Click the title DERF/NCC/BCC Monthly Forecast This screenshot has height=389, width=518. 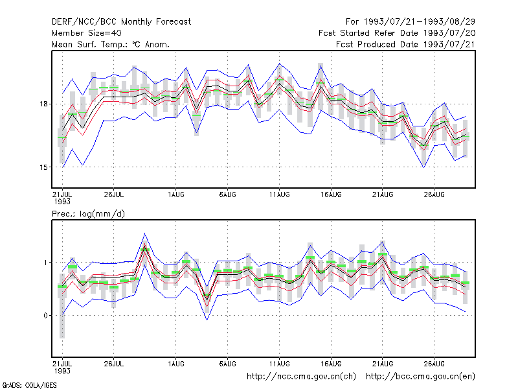click(x=121, y=22)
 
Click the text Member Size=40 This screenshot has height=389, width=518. click(x=87, y=33)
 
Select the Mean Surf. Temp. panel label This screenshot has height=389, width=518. click(x=111, y=44)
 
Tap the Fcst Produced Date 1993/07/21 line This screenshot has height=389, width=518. click(x=406, y=44)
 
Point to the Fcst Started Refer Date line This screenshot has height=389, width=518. click(x=397, y=33)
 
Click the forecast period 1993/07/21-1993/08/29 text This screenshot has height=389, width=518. click(x=411, y=22)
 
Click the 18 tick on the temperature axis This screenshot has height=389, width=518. click(x=43, y=104)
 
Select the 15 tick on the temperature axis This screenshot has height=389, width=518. click(x=43, y=167)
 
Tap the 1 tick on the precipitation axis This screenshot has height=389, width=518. click(x=45, y=263)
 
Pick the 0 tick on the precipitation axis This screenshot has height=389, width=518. click(x=45, y=316)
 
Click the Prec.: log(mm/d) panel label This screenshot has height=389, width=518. click(x=88, y=214)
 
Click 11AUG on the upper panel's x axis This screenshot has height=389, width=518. click(x=280, y=195)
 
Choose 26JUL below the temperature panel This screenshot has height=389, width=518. click(x=114, y=195)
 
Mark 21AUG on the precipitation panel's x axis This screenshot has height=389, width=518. click(x=383, y=364)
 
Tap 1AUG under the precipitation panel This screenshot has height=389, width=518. click(x=175, y=364)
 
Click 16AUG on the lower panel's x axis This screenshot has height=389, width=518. click(x=331, y=364)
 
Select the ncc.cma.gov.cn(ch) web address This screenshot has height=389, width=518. click(x=301, y=377)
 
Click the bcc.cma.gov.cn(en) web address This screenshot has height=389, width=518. click(x=420, y=377)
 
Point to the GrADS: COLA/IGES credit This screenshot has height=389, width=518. click(x=29, y=385)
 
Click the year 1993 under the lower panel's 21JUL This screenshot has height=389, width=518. click(x=62, y=371)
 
